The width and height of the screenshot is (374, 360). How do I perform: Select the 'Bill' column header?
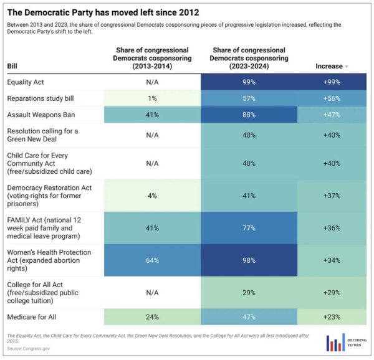(x=12, y=66)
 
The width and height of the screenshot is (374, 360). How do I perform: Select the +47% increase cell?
(x=332, y=115)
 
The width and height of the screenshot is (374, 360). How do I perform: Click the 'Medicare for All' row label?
(x=31, y=316)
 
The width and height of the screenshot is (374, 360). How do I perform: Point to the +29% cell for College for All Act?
(x=332, y=292)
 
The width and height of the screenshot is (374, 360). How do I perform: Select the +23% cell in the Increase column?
(x=332, y=316)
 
